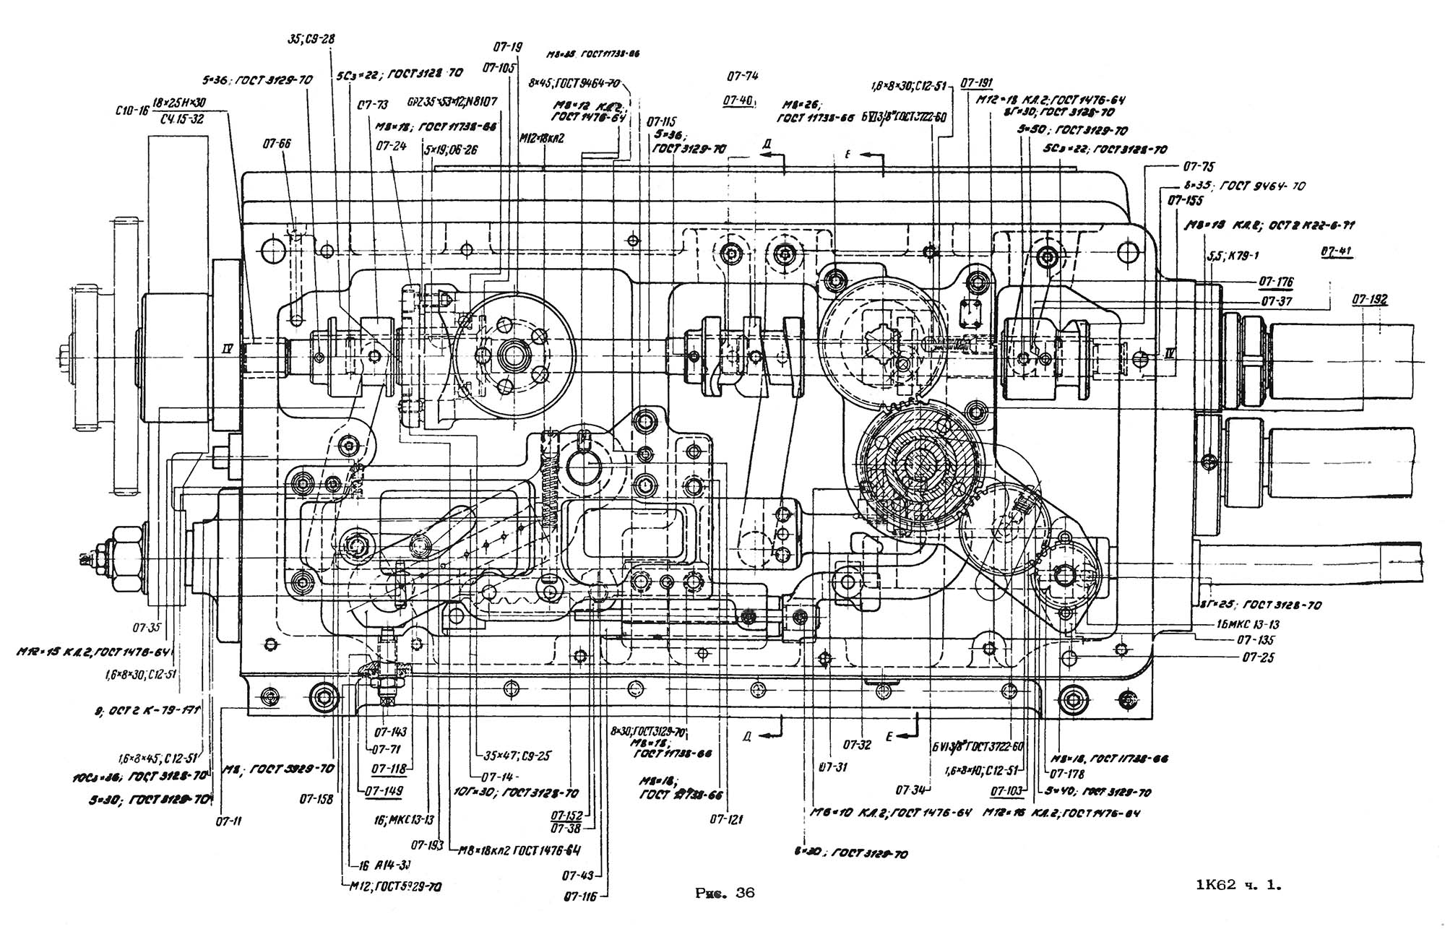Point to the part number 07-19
pyautogui.click(x=507, y=47)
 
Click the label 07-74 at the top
pyautogui.click(x=743, y=75)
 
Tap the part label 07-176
pyautogui.click(x=1276, y=282)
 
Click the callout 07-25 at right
pyautogui.click(x=1258, y=657)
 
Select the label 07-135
pyautogui.click(x=1256, y=640)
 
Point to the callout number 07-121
pyautogui.click(x=726, y=819)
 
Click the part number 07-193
pyautogui.click(x=427, y=844)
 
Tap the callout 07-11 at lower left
pyautogui.click(x=229, y=821)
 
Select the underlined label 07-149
pyautogui.click(x=384, y=791)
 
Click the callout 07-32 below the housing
pyautogui.click(x=857, y=745)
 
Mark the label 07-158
pyautogui.click(x=316, y=800)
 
